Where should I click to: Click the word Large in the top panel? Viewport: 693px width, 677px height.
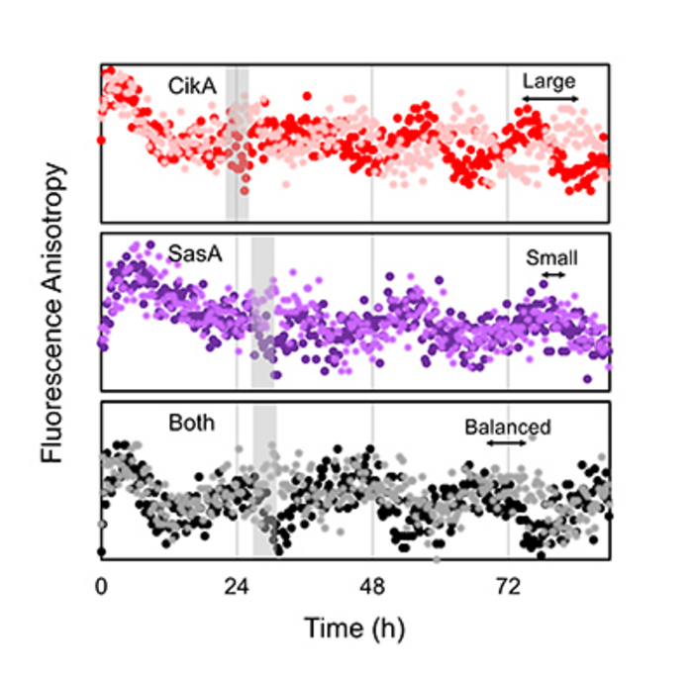tap(549, 81)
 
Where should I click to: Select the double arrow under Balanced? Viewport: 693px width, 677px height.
tap(508, 443)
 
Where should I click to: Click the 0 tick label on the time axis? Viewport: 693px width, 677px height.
tap(101, 585)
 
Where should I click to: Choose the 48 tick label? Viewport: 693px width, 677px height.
tap(371, 585)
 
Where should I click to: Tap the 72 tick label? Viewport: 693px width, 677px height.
tap(507, 585)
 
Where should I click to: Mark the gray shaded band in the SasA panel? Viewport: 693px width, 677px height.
tap(263, 312)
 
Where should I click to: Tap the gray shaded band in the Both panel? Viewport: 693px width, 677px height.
tap(264, 480)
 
